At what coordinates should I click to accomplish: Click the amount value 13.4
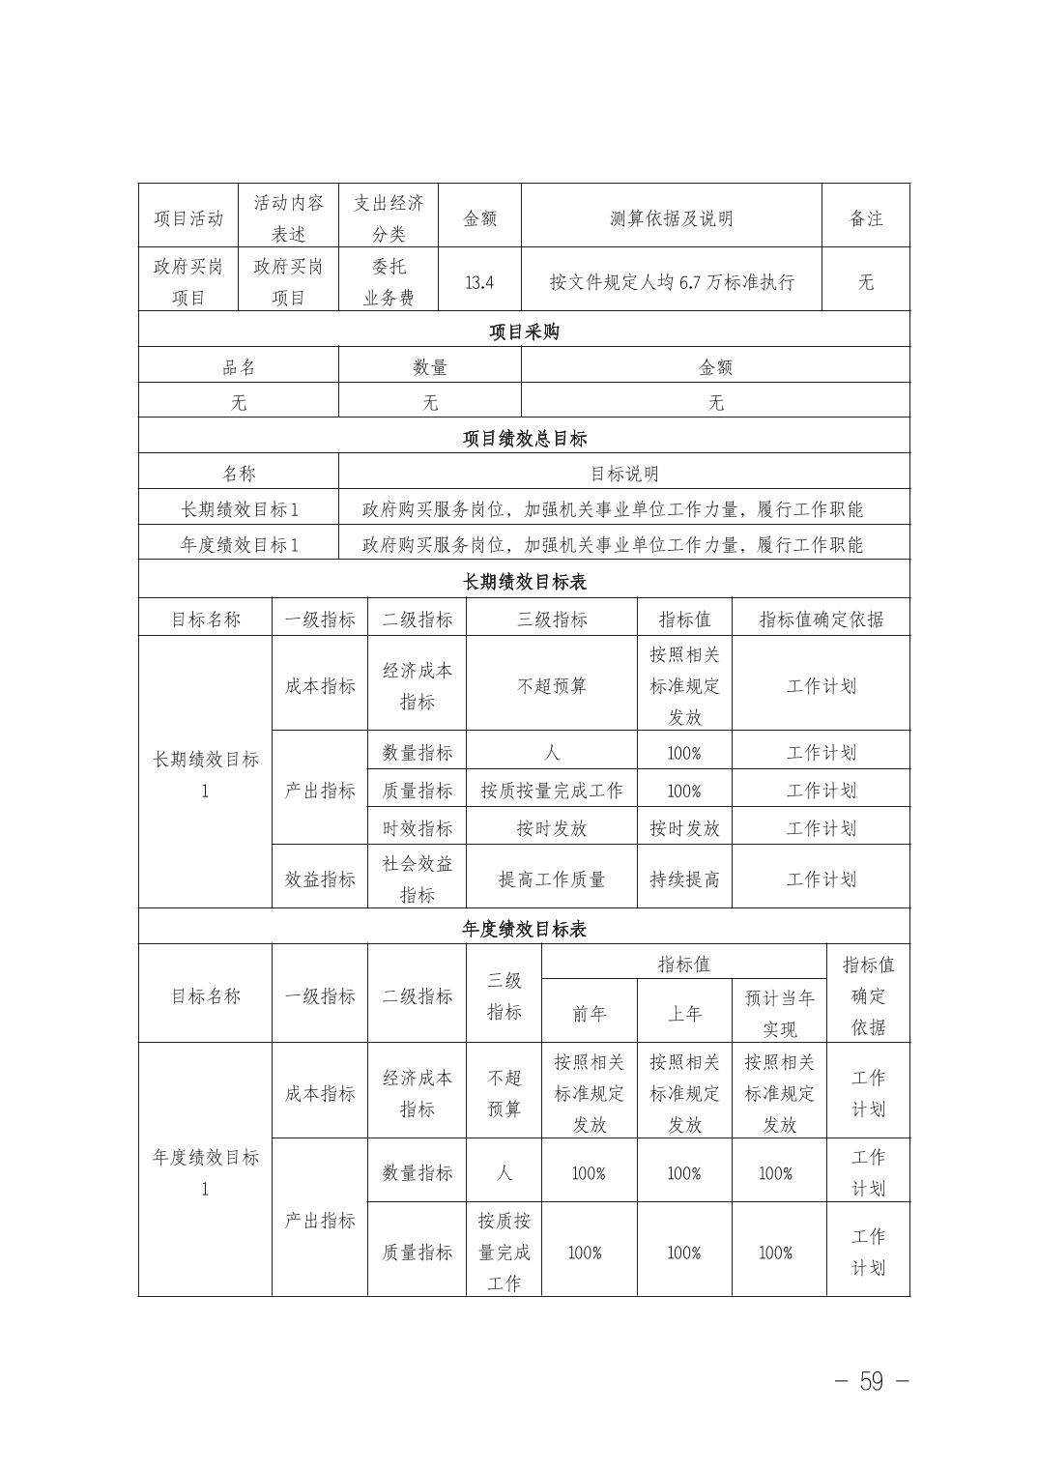(x=479, y=282)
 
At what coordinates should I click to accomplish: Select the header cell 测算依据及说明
(x=671, y=218)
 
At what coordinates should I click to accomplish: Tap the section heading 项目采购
(x=524, y=331)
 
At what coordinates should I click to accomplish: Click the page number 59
(x=871, y=1381)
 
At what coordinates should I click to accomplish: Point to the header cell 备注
(x=866, y=218)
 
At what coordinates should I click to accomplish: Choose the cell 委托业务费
(x=389, y=282)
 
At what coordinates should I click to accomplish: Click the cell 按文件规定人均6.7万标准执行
(x=671, y=282)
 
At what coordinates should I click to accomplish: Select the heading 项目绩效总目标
(x=524, y=438)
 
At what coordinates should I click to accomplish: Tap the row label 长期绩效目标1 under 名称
(x=239, y=509)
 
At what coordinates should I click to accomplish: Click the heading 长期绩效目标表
(x=524, y=582)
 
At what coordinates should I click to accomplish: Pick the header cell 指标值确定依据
(x=821, y=619)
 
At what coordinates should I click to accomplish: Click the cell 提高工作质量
(x=551, y=879)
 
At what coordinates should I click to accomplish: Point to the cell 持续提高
(x=684, y=879)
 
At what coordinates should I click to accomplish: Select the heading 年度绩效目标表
(x=524, y=929)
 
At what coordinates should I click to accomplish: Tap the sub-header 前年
(x=589, y=1013)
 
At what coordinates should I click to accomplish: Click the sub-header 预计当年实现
(x=779, y=1013)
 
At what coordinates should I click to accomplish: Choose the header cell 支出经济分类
(x=389, y=218)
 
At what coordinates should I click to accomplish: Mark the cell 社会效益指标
(x=417, y=879)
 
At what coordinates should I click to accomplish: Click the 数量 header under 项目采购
(x=430, y=367)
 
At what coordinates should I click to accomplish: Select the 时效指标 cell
(x=417, y=828)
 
